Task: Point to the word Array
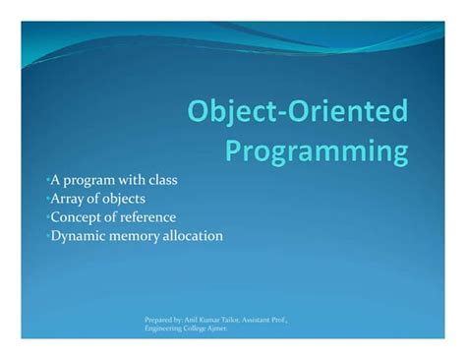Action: pyautogui.click(x=66, y=199)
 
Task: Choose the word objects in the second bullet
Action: pyautogui.click(x=127, y=199)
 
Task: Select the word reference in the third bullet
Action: pyautogui.click(x=147, y=217)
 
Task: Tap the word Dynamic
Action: pyautogui.click(x=79, y=236)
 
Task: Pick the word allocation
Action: pyautogui.click(x=195, y=236)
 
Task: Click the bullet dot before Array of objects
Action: pyautogui.click(x=47, y=199)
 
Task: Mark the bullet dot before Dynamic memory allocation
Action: pyautogui.click(x=47, y=236)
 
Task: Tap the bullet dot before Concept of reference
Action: pyautogui.click(x=47, y=217)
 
